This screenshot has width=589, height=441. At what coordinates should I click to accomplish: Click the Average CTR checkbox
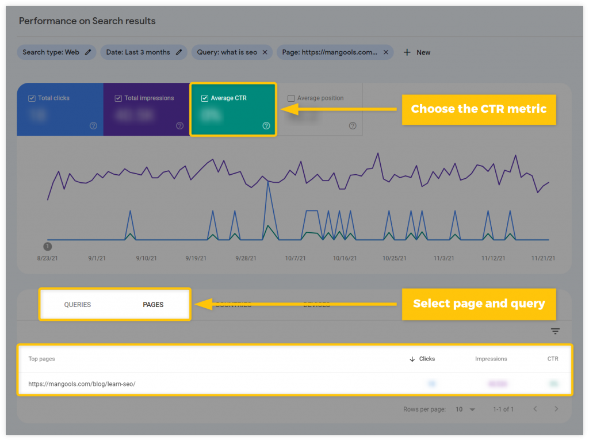coord(205,98)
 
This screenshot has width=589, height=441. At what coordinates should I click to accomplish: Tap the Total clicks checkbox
coord(32,98)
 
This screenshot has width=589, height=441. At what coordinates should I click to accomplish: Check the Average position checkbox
coord(291,98)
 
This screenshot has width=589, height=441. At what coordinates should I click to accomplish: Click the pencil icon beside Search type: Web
coord(88,52)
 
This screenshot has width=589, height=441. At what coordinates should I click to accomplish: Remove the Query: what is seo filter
coord(265,52)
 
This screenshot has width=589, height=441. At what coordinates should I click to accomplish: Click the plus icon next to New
coord(407,52)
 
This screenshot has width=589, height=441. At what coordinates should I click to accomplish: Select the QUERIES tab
coord(78,305)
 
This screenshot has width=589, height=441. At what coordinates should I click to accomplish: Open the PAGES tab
coord(153,305)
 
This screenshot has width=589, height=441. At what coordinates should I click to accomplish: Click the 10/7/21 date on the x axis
coord(296,259)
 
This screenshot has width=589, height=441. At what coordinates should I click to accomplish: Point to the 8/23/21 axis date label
coord(48,259)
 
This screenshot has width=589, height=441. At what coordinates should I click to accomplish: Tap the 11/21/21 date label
coord(542,259)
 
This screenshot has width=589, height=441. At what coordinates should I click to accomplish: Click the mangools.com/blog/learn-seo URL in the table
coord(82,384)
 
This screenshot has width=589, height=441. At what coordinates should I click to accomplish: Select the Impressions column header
coord(491,359)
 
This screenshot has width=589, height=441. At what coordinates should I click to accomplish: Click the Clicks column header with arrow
coord(422,359)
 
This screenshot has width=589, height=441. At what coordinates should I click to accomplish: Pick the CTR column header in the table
coord(552,359)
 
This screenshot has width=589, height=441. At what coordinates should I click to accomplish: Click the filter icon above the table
coord(555,331)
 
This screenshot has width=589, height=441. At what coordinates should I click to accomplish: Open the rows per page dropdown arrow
coord(472,409)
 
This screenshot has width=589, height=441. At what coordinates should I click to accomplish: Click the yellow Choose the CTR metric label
coord(479,109)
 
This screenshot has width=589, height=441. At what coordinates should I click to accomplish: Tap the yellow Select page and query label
coord(479,304)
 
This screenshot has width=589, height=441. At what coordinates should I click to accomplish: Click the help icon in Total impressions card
coord(179,126)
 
